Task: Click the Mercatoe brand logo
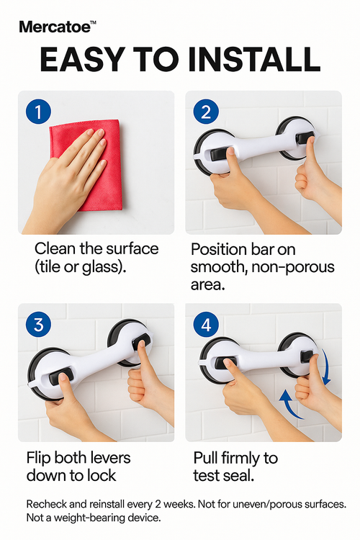pyautogui.click(x=57, y=27)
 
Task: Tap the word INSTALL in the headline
pyautogui.click(x=255, y=59)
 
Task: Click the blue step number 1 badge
pyautogui.click(x=38, y=112)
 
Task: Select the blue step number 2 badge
pyautogui.click(x=206, y=112)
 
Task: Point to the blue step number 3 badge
pyautogui.click(x=38, y=325)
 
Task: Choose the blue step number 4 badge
pyautogui.click(x=206, y=325)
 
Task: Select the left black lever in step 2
pyautogui.click(x=220, y=153)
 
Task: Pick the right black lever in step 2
pyautogui.click(x=305, y=138)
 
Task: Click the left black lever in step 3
pyautogui.click(x=59, y=377)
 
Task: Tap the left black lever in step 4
pyautogui.click(x=225, y=363)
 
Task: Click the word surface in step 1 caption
pyautogui.click(x=132, y=248)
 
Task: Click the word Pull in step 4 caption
pyautogui.click(x=205, y=458)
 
